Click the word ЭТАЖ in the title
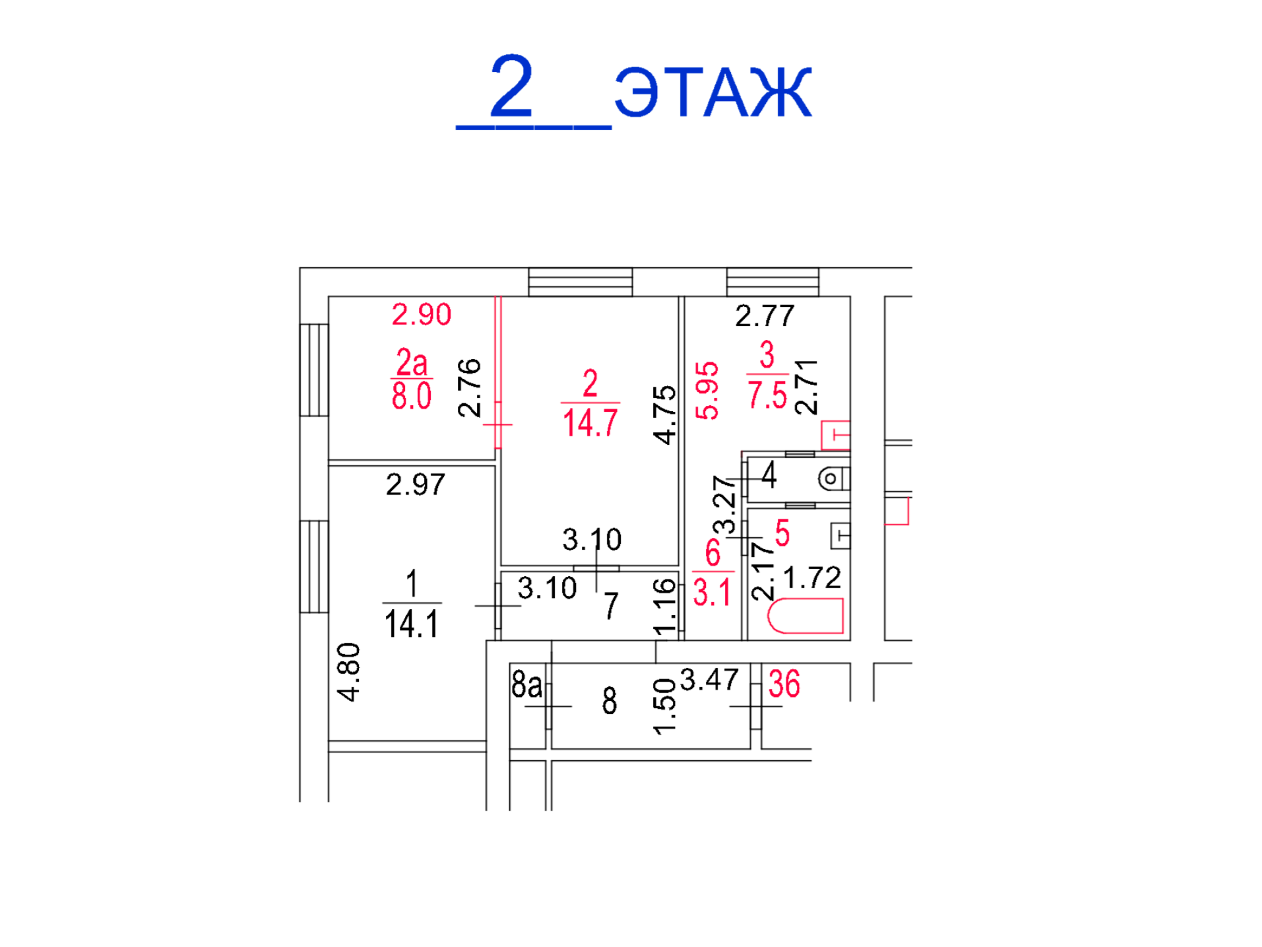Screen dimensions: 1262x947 tap(712, 92)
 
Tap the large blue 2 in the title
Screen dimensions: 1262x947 tap(511, 86)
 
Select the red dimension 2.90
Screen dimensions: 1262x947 tap(422, 314)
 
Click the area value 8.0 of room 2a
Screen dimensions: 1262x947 tap(411, 396)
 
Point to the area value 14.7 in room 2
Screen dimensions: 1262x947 tap(590, 422)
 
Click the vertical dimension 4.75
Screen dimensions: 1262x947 tap(664, 415)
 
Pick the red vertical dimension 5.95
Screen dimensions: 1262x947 tap(707, 391)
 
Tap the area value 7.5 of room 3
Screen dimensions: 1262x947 tap(767, 395)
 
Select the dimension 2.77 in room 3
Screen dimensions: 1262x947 tap(765, 316)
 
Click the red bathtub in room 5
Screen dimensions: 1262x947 tap(805, 616)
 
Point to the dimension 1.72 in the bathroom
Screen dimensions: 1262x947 tap(811, 578)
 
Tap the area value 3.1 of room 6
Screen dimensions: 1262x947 tap(712, 592)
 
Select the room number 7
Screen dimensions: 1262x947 tap(612, 605)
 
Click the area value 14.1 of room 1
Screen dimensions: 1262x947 tap(411, 624)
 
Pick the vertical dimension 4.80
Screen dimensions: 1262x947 tap(348, 672)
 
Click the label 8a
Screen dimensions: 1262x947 tap(526, 684)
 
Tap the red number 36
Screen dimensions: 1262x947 tap(784, 684)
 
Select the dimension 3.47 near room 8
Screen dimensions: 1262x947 tap(709, 680)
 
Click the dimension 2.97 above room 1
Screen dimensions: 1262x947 tap(416, 485)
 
